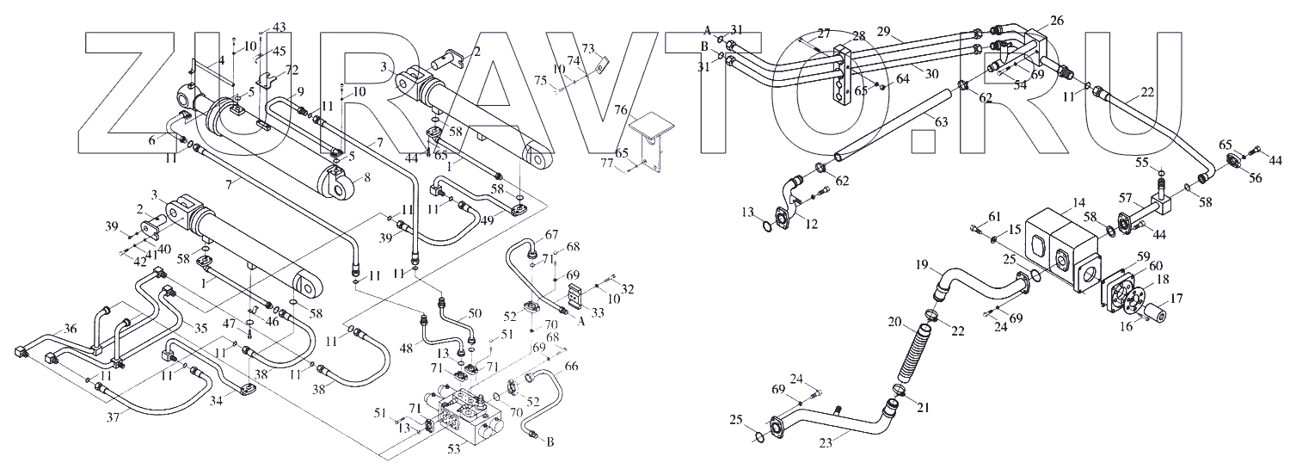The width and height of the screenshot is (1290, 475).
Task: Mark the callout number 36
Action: point(71,329)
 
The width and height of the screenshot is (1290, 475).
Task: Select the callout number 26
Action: point(1057,20)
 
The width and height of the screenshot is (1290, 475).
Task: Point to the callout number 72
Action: point(292,69)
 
